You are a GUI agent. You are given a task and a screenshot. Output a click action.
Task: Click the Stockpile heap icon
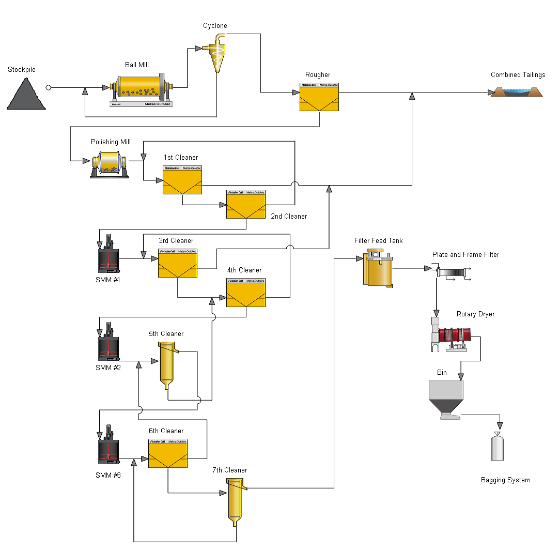click(x=26, y=94)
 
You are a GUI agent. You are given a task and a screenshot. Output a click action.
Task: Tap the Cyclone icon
click(x=217, y=54)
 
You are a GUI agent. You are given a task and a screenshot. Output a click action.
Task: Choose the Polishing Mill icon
click(x=110, y=164)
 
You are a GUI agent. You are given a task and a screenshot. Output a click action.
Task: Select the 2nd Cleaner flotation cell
click(x=245, y=204)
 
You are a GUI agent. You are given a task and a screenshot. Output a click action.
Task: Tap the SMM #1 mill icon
click(x=108, y=256)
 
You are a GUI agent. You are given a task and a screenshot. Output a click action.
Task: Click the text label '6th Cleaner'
click(x=166, y=431)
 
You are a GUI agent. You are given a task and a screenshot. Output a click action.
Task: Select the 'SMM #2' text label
click(x=108, y=368)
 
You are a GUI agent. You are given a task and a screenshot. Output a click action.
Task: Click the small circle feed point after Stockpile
click(x=49, y=88)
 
